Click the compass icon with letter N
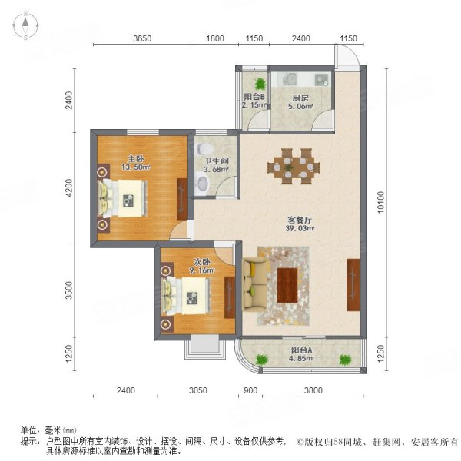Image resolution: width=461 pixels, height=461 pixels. tap(25, 27)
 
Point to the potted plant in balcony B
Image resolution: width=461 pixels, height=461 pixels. tap(260, 84)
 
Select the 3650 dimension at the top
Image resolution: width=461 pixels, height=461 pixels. tap(146, 39)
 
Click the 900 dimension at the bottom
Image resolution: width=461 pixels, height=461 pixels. tap(250, 390)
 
